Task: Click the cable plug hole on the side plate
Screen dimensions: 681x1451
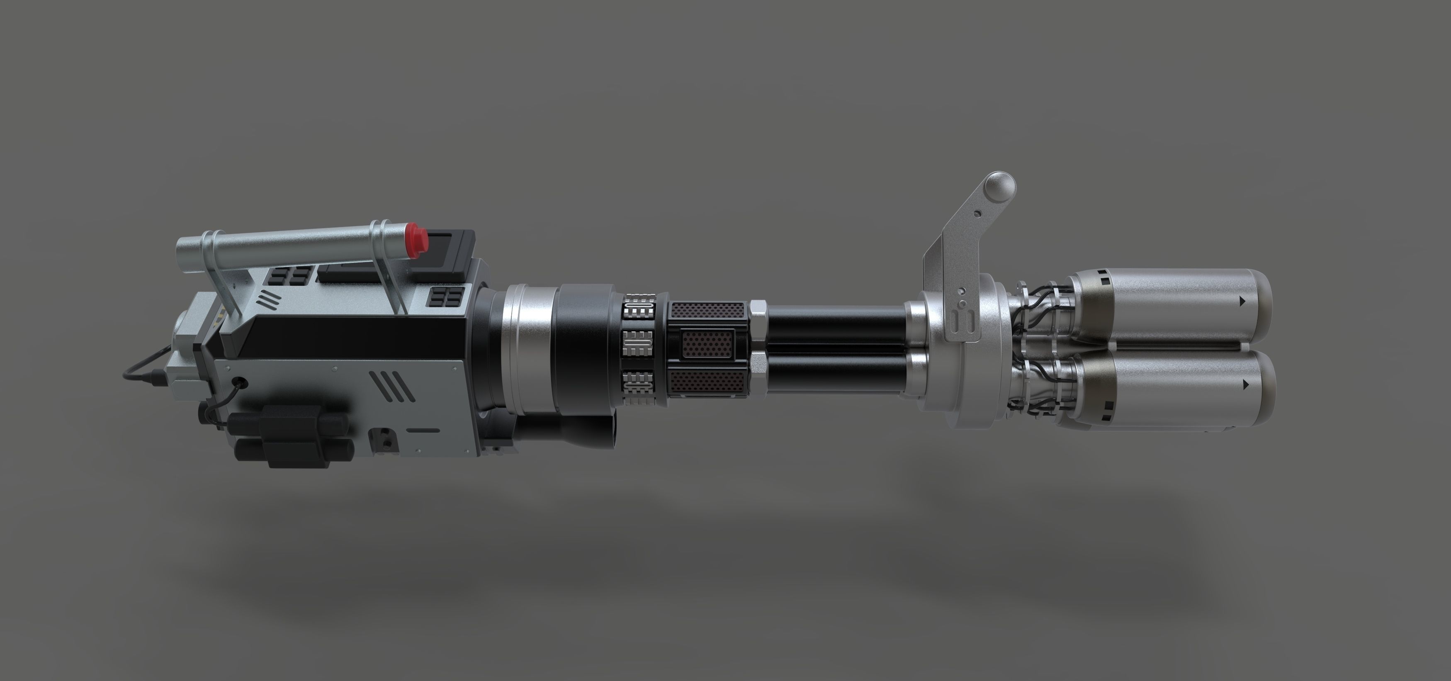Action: [x=242, y=382]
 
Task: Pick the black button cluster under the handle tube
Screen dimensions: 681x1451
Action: [x=291, y=276]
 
